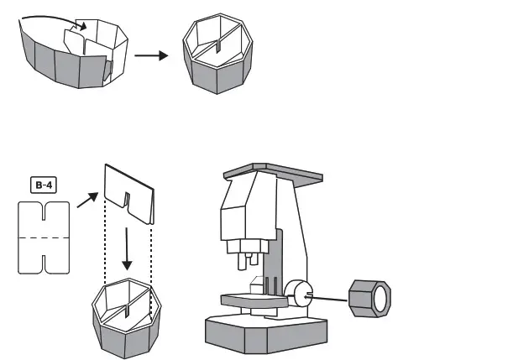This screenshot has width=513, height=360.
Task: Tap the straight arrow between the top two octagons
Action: pyautogui.click(x=150, y=55)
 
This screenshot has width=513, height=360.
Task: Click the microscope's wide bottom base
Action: pyautogui.click(x=265, y=332)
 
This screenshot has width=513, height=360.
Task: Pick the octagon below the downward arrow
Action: pyautogui.click(x=125, y=317)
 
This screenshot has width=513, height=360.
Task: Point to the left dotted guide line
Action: pyautogui.click(x=104, y=243)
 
